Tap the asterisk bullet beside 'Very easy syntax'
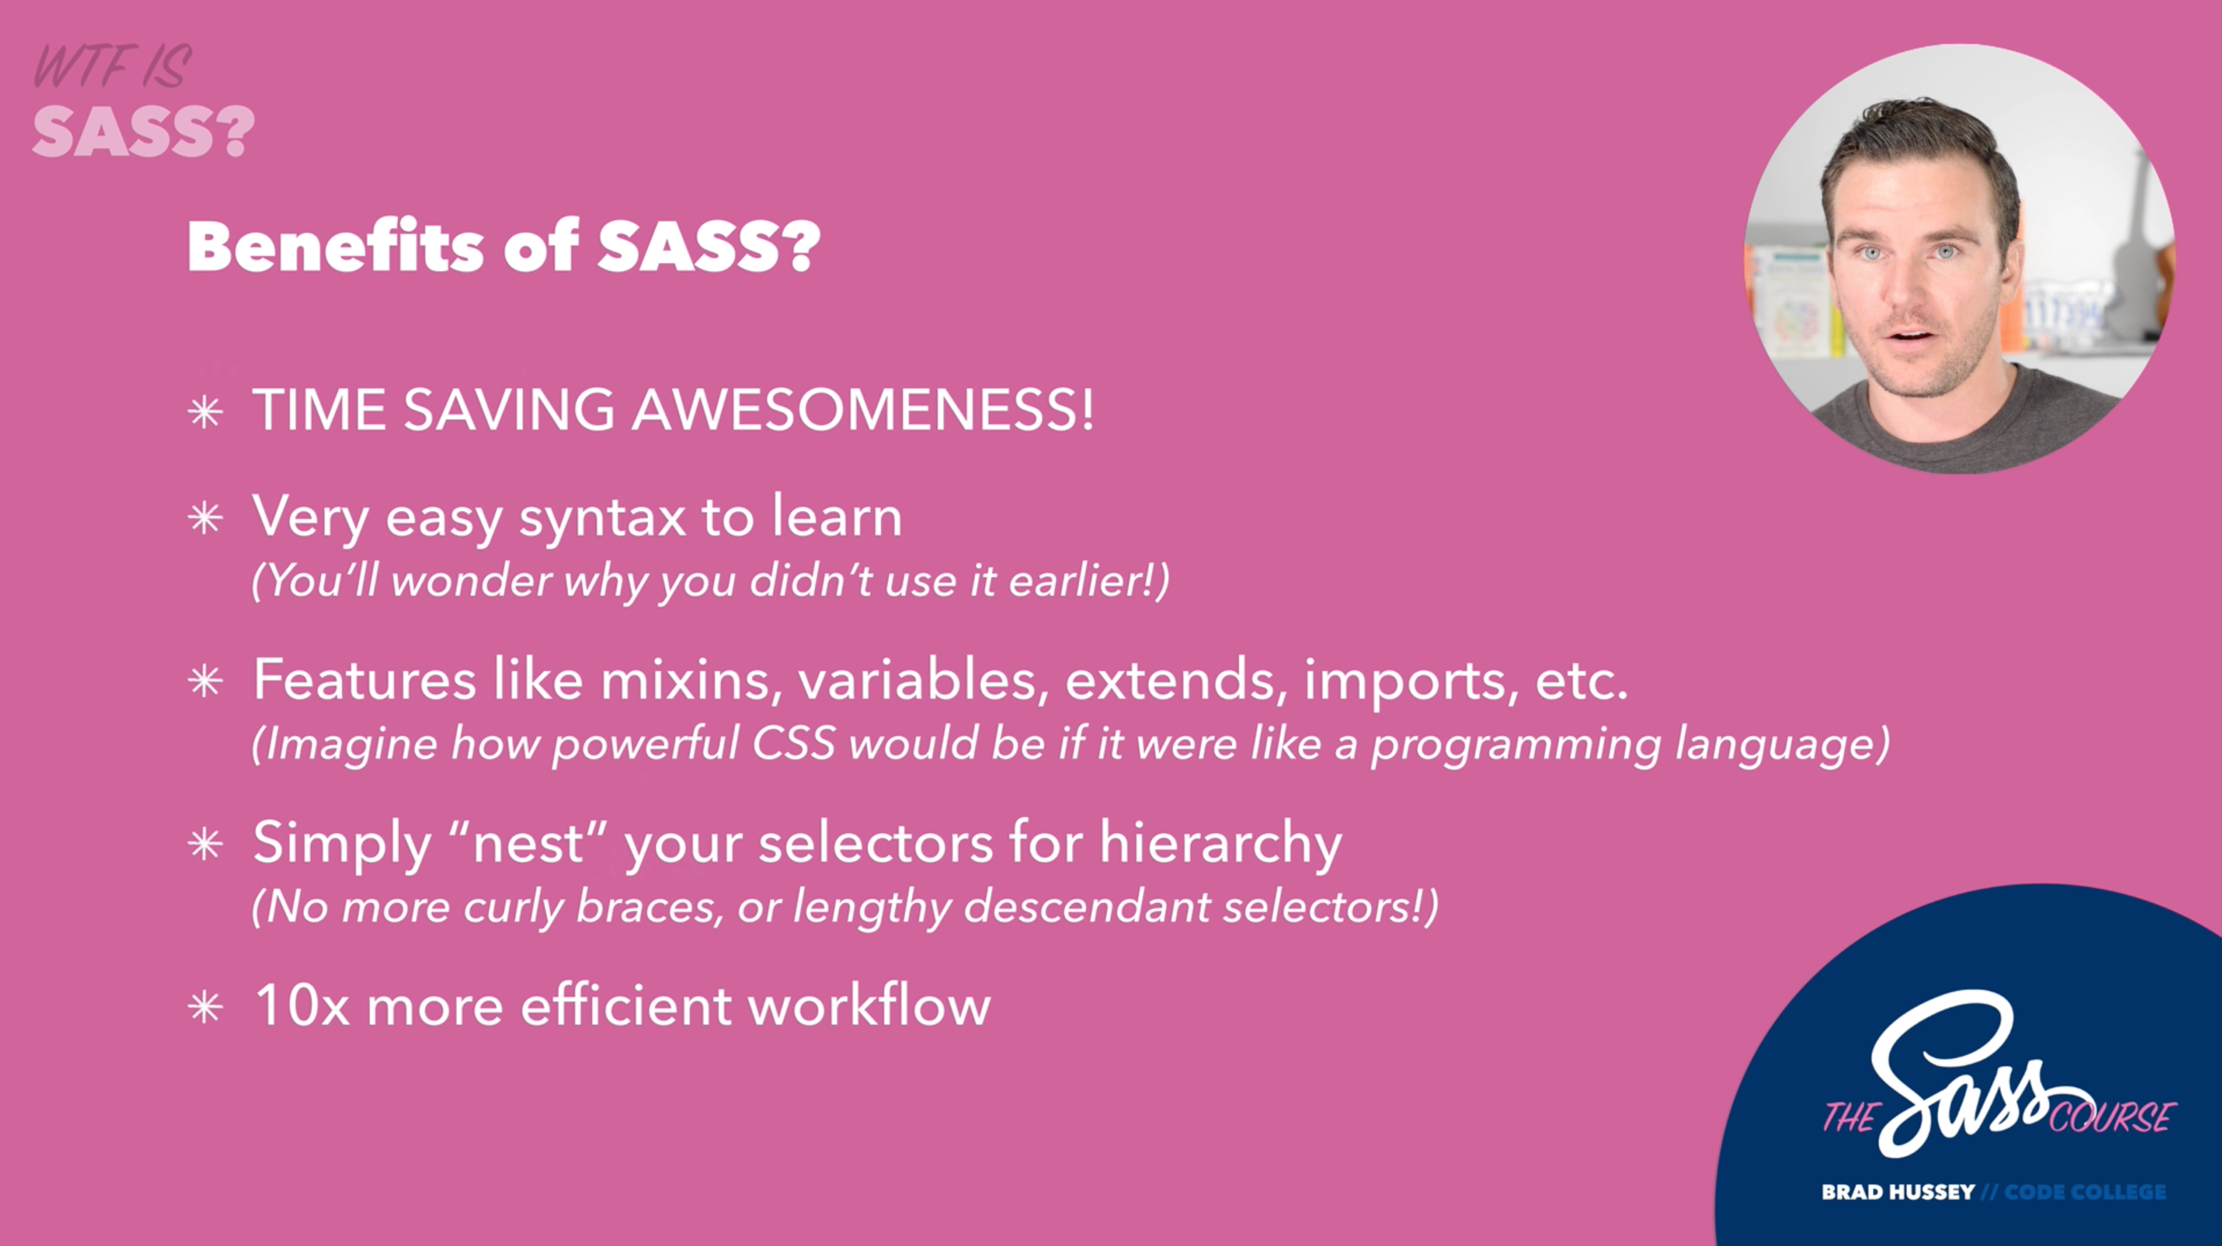point(205,518)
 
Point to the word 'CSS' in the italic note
point(793,744)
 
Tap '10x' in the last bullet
point(302,1005)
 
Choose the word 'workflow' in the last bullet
point(869,1005)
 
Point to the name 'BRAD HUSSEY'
point(1897,1192)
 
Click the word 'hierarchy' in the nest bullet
point(1221,844)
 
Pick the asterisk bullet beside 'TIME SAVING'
point(205,412)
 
